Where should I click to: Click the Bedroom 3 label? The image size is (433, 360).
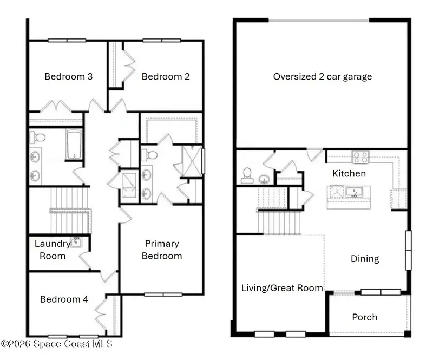click(69, 76)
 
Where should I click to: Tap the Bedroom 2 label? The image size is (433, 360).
click(166, 76)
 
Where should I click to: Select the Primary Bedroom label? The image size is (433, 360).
click(162, 250)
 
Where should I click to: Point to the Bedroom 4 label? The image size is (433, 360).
click(64, 299)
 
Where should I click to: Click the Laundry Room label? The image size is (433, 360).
click(53, 250)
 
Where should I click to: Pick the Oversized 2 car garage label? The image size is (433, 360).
click(323, 76)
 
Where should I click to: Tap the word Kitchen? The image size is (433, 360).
click(349, 174)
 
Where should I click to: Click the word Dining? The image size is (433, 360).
click(365, 259)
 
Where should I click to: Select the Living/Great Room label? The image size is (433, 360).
click(282, 288)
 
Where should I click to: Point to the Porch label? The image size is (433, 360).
click(364, 317)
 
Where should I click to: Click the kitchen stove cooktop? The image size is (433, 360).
click(360, 157)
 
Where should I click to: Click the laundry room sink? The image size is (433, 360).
click(76, 243)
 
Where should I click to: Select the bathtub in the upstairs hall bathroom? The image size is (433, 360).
click(74, 145)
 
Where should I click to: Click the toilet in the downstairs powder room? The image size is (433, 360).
click(247, 176)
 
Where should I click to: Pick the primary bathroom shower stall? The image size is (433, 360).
click(192, 162)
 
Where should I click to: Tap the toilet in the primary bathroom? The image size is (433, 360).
click(148, 155)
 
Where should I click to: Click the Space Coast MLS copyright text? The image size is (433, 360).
click(57, 344)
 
